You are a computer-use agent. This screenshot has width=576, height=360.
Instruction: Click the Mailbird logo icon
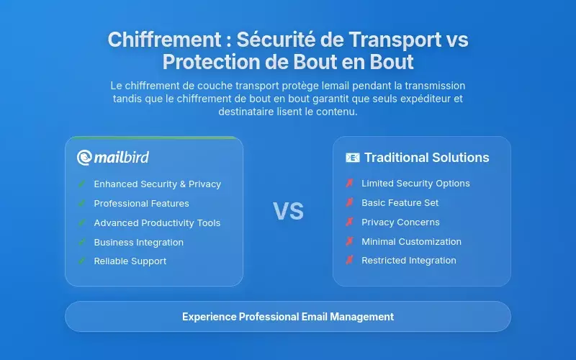tap(85, 157)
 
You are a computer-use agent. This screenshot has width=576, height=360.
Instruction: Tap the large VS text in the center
tap(288, 211)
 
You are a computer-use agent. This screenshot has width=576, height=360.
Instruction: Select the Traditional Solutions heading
tap(426, 158)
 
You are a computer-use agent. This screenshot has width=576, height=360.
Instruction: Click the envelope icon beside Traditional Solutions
tap(352, 158)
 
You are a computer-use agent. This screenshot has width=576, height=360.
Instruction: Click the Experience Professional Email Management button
tap(288, 316)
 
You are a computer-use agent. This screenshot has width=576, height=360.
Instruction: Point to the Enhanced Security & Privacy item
tap(157, 184)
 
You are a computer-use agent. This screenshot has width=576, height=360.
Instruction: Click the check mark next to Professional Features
tap(82, 204)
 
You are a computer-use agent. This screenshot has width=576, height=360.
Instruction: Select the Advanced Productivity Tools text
tap(157, 223)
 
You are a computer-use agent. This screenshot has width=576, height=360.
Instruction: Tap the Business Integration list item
tap(138, 243)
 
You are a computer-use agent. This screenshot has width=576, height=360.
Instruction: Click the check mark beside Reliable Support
tap(82, 261)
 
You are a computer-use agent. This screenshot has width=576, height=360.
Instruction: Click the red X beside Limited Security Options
tap(350, 184)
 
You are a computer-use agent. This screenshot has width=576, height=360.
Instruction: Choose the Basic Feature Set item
tap(400, 203)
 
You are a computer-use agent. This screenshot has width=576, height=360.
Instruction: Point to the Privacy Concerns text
tap(400, 222)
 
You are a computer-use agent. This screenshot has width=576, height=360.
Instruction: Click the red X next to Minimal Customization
tap(350, 242)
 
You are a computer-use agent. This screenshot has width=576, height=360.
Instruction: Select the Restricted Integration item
tap(408, 261)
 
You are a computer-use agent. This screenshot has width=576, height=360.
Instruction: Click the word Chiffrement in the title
tap(153, 40)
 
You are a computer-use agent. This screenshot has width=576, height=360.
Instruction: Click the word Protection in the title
tap(210, 62)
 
